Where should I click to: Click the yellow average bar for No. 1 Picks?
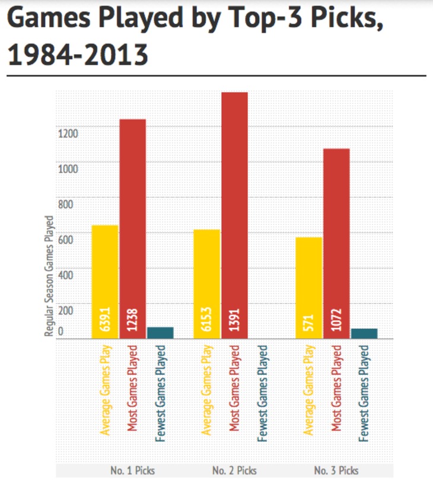[105, 282]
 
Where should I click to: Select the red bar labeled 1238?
[132, 229]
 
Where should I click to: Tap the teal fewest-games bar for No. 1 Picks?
[160, 333]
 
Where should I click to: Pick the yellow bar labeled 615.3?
[207, 284]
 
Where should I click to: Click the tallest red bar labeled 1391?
[234, 215]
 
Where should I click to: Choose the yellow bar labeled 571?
[308, 288]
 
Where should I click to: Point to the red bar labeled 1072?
[336, 243]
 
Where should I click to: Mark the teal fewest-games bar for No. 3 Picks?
[364, 334]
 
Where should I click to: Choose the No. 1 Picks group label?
[133, 470]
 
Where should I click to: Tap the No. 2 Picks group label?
[234, 470]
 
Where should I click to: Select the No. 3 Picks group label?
[336, 470]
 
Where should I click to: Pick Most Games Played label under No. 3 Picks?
[336, 388]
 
